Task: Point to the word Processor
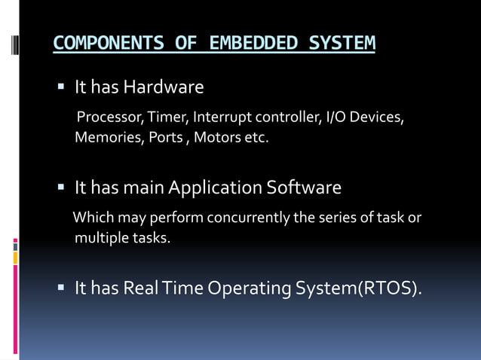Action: pos(111,118)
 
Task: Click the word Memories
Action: pos(106,138)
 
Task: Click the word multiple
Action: pos(99,239)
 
